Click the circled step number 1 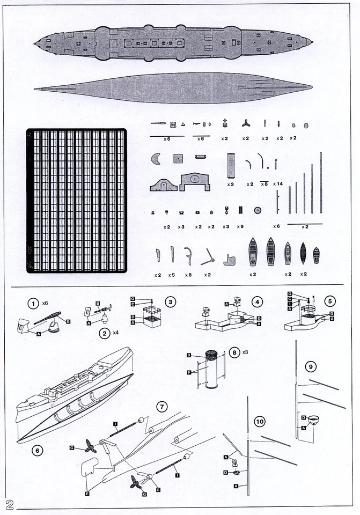click(x=33, y=304)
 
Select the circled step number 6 click(x=37, y=450)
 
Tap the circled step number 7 click(x=161, y=406)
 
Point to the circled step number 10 click(x=260, y=422)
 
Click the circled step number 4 click(x=258, y=302)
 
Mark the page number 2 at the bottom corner click(x=10, y=504)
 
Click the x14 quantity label click(x=278, y=184)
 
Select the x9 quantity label click(x=240, y=226)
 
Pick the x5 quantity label click(x=172, y=275)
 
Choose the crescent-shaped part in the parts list click(x=156, y=159)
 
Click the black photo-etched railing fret click(x=76, y=201)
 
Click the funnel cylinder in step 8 click(x=211, y=373)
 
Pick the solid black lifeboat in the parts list click(x=303, y=253)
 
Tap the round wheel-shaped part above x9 click(x=258, y=210)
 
